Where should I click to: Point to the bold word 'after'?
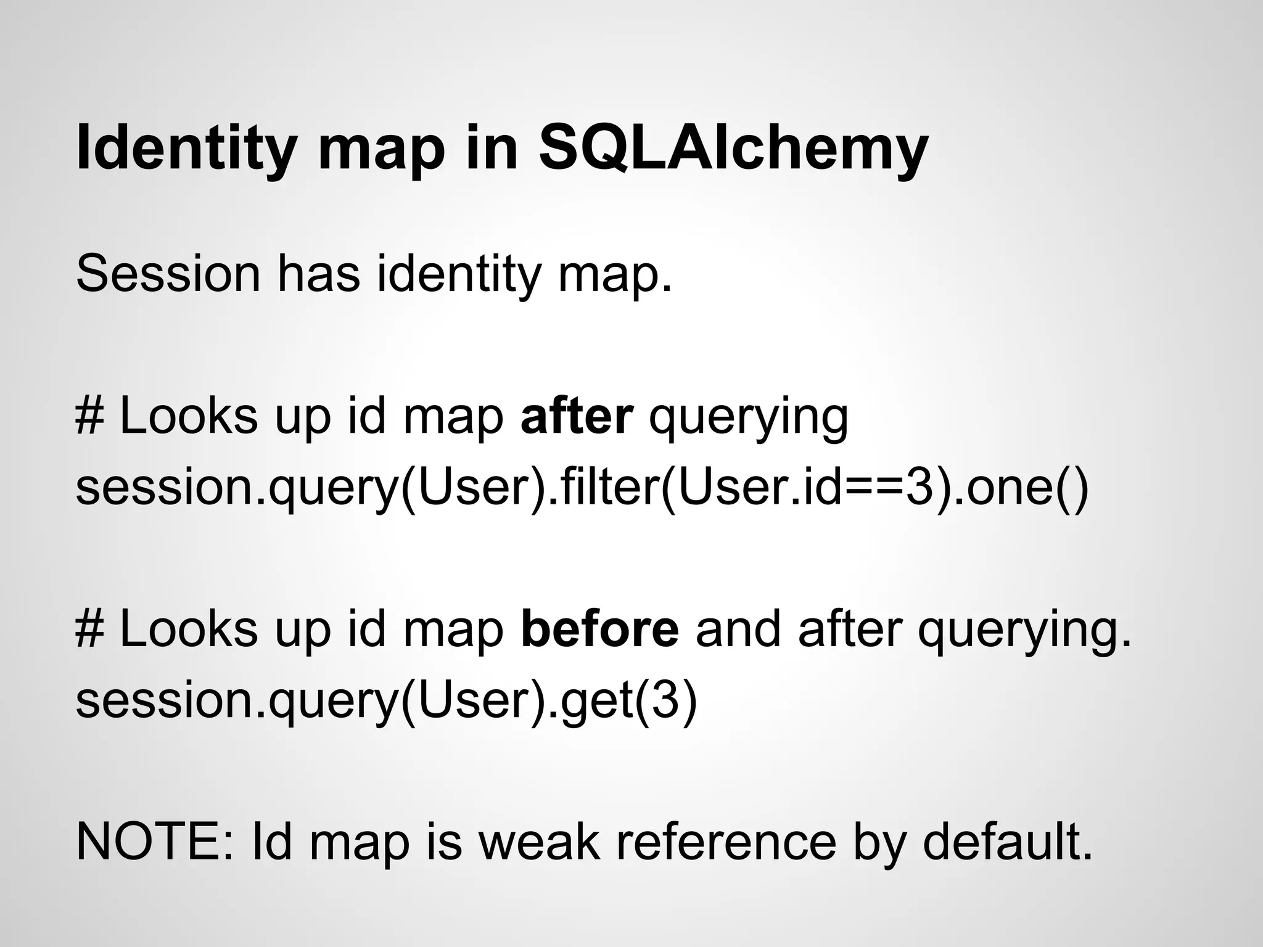577,416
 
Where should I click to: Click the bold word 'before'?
599,629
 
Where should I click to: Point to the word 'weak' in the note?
539,842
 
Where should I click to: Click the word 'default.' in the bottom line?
1008,842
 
